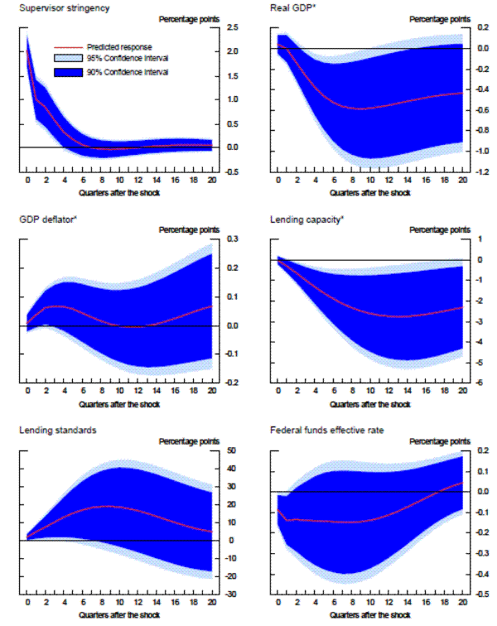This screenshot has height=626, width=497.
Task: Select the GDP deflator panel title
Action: point(42,219)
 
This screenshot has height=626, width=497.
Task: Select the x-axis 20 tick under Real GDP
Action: point(461,181)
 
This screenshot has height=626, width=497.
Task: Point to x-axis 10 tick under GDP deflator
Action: point(119,392)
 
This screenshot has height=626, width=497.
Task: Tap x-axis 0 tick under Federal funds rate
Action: point(277,603)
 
